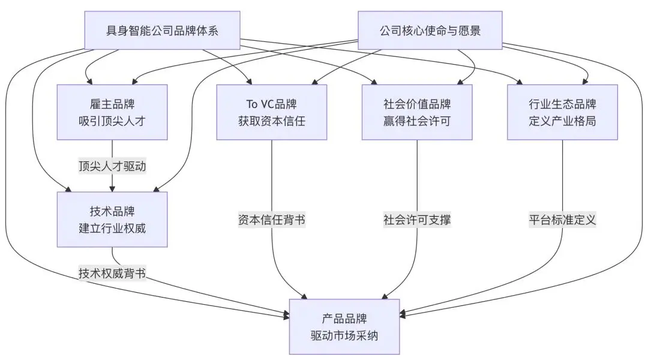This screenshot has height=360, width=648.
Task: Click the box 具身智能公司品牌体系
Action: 162,30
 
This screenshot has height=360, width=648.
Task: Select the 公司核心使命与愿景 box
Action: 430,30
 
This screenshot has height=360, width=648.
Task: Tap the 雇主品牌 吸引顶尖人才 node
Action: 112,112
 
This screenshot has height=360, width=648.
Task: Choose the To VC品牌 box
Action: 272,112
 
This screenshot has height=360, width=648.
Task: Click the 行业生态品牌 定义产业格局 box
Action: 562,112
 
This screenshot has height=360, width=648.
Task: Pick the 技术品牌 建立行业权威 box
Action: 112,220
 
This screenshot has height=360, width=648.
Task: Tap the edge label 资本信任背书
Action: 272,220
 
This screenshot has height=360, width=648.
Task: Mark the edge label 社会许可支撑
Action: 417,220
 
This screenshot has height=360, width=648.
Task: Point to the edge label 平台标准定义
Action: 562,220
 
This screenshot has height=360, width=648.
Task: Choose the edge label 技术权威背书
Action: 112,273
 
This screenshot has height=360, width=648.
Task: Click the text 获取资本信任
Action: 272,121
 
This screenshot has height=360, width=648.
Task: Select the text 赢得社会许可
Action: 417,121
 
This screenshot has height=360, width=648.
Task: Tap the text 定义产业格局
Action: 562,121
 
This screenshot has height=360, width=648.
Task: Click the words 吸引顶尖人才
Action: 112,121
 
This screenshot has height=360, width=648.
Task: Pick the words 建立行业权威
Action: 112,228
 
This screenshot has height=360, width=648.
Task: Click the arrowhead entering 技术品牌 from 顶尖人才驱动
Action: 112,188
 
